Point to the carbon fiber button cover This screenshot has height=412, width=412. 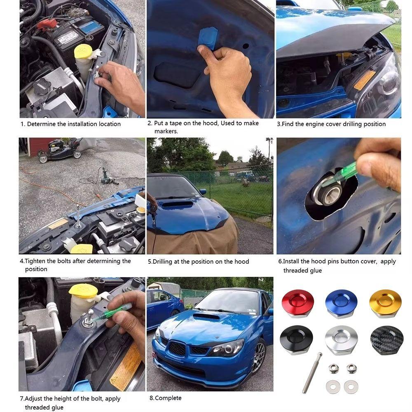click(x=387, y=340)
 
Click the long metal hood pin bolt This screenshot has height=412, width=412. click(x=312, y=373)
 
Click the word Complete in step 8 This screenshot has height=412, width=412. click(x=168, y=398)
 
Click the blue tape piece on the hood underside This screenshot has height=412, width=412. click(x=208, y=38)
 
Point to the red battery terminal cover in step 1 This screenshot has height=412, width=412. click(x=47, y=23)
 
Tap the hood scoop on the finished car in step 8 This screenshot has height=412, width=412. click(x=206, y=316)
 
